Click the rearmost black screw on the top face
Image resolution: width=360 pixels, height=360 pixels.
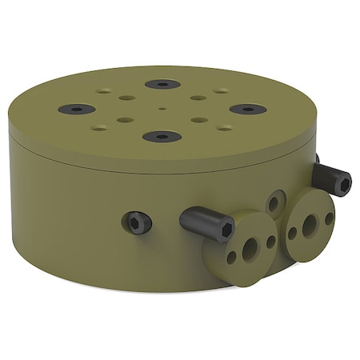click(x=162, y=84)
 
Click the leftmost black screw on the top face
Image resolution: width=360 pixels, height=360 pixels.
click(x=77, y=109)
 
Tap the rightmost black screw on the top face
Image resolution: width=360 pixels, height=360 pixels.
click(x=247, y=109)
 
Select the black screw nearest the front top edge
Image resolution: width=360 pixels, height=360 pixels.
click(x=162, y=137)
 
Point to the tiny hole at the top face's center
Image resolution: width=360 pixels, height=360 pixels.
click(x=162, y=108)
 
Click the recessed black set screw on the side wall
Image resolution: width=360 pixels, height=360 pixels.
click(x=139, y=222)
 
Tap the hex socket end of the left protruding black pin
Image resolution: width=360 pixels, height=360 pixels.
click(x=226, y=230)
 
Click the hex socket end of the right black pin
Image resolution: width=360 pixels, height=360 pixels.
click(x=344, y=185)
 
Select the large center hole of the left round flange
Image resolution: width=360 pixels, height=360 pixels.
click(x=250, y=249)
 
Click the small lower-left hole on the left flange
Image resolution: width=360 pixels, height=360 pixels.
click(x=231, y=258)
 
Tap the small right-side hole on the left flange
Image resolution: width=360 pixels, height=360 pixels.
click(x=270, y=241)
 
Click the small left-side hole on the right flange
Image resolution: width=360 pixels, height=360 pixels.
click(x=293, y=233)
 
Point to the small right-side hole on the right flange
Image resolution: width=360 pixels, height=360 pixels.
click(x=329, y=218)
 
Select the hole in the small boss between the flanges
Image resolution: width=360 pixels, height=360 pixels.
click(x=274, y=204)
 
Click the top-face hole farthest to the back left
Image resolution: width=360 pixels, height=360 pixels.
click(x=104, y=91)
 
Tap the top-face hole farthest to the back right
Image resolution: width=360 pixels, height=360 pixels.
click(x=221, y=91)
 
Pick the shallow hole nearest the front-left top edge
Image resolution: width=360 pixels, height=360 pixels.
click(x=99, y=127)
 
